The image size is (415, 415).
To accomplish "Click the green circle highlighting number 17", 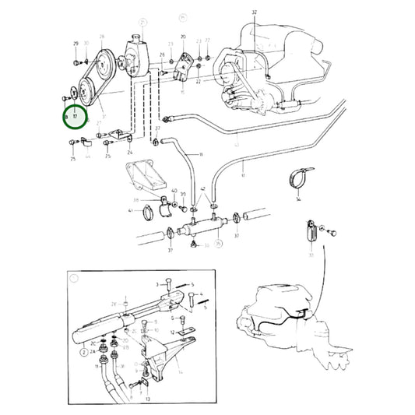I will pyautogui.click(x=76, y=118).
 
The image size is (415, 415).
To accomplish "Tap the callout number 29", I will pyautogui.click(x=76, y=44).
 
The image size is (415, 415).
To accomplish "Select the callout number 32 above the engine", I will pyautogui.click(x=254, y=13).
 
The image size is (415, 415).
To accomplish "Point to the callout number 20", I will pyautogui.click(x=183, y=37).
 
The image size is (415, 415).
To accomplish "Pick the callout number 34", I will pyautogui.click(x=297, y=199).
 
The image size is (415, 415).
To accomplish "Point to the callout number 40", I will pyautogui.click(x=174, y=190).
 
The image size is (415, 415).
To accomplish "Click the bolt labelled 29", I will pyautogui.click(x=76, y=61).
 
